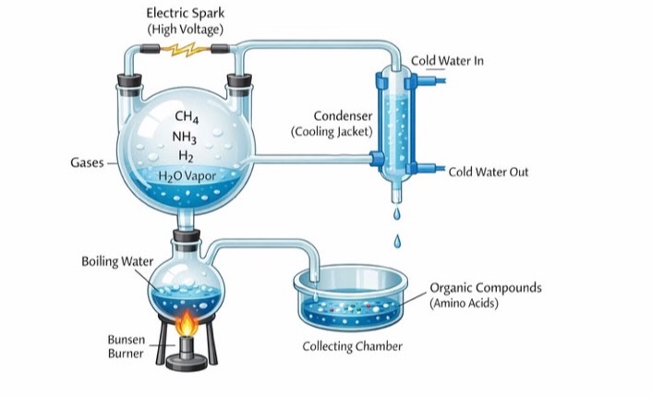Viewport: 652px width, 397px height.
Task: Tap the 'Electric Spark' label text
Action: [x=185, y=13]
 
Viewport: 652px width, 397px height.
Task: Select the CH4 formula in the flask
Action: [x=187, y=116]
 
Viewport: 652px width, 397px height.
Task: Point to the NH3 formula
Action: [x=184, y=137]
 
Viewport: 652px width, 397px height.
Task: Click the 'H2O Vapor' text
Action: [x=187, y=176]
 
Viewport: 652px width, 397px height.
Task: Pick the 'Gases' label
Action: [x=87, y=162]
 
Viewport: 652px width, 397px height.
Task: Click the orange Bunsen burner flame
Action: [x=187, y=322]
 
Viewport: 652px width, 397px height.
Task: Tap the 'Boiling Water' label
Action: [x=117, y=261]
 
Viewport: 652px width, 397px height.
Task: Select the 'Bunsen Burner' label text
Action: [x=126, y=346]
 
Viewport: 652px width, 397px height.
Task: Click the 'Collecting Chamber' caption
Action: [x=352, y=346]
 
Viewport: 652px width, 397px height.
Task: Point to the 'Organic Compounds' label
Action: [x=486, y=288]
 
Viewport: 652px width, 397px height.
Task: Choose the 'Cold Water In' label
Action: [x=447, y=61]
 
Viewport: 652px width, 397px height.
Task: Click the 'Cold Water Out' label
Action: [x=489, y=172]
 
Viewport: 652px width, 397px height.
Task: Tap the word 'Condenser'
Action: [x=343, y=115]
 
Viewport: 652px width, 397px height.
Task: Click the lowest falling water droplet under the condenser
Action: [x=397, y=242]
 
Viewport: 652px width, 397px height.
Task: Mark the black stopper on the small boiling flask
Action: [x=187, y=235]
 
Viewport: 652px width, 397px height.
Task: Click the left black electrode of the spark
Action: [x=150, y=49]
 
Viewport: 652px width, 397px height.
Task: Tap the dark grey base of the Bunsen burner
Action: [x=187, y=363]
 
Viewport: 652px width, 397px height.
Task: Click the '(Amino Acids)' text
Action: [x=464, y=303]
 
